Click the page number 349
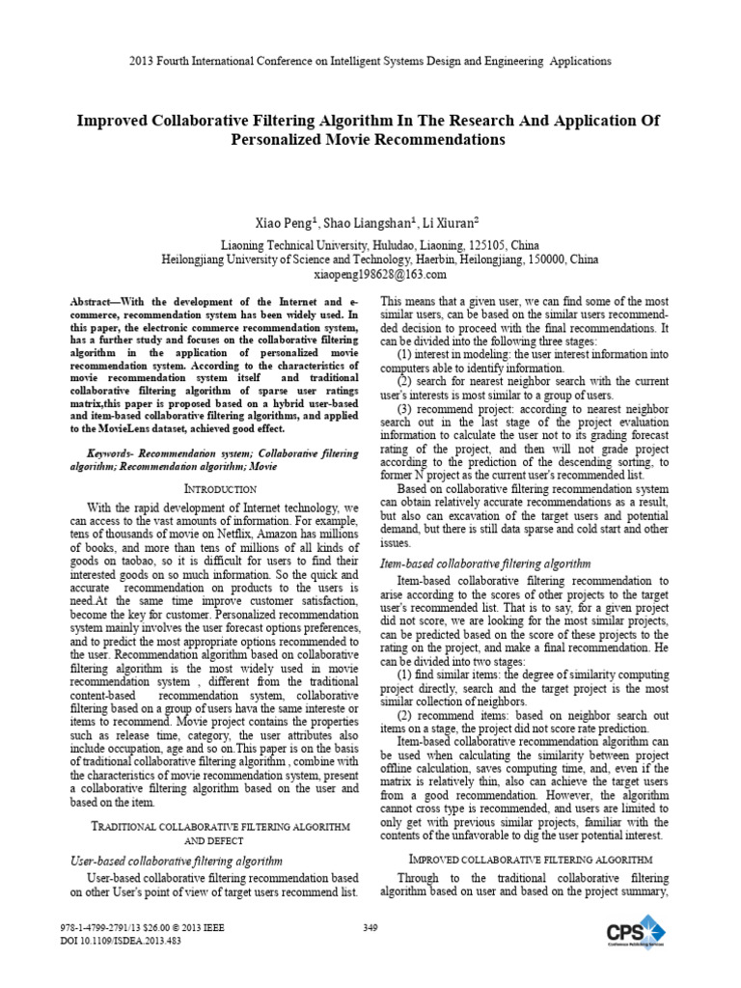(370, 927)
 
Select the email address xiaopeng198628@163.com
(378, 274)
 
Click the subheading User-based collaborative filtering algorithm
(178, 860)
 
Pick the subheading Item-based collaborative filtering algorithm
(487, 563)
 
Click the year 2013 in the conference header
(142, 61)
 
